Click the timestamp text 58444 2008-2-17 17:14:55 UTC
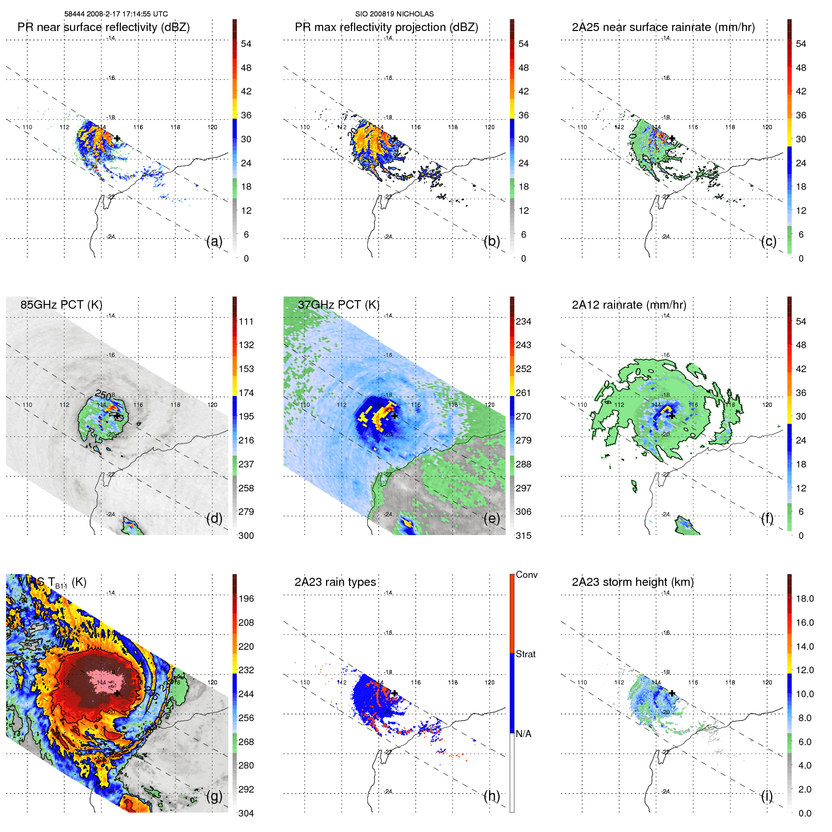pos(116,14)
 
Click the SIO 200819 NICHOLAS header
pos(394,14)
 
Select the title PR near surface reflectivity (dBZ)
pos(103,27)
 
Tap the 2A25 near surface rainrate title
pos(663,27)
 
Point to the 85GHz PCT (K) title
pos(61,305)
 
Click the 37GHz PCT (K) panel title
pos(338,305)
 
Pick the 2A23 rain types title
pos(335,582)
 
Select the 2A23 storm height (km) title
pos(632,582)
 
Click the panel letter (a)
pos(214,241)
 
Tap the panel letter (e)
pos(492,519)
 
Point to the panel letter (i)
pos(767,796)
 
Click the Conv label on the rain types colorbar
pos(527,575)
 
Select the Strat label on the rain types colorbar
pos(526,654)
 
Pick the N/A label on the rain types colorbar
pos(523,734)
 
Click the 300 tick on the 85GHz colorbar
pos(246,536)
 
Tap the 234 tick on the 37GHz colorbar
pos(523,321)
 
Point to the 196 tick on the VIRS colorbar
pos(246,599)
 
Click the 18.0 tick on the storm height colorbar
pos(805,599)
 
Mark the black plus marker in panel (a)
pos(117,139)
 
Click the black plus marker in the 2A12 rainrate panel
pos(672,416)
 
